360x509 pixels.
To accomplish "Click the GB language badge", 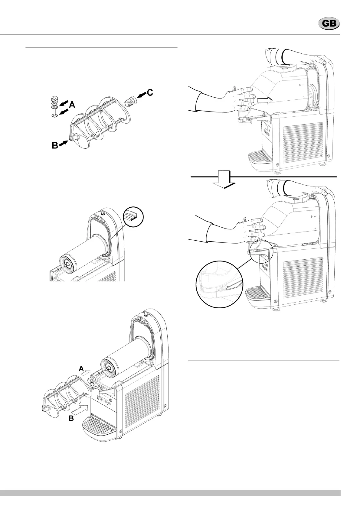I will pyautogui.click(x=329, y=24).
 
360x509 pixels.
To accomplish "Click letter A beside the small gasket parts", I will pyautogui.click(x=72, y=105).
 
